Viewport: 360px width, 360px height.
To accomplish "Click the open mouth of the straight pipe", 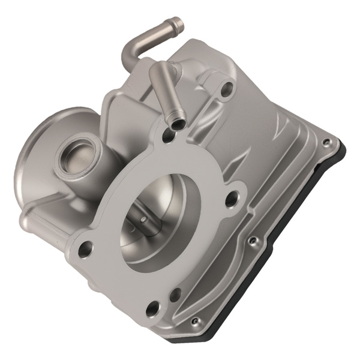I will (x=178, y=124).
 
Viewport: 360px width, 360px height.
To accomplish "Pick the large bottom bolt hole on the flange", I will (x=154, y=308).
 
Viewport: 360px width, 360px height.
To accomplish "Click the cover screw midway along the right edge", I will (x=253, y=241).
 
